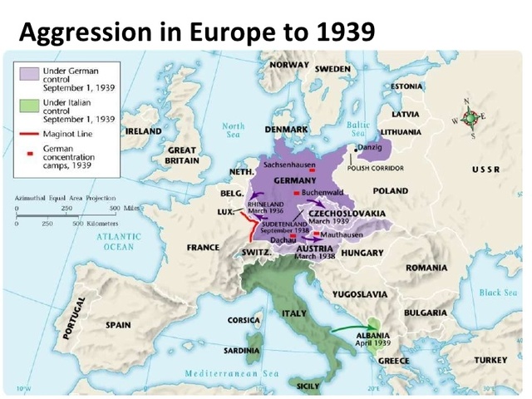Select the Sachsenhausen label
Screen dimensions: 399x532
point(287,165)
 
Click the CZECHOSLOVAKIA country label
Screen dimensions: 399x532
point(347,214)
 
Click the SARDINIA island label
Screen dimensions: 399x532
point(241,351)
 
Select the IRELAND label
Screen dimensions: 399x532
point(143,131)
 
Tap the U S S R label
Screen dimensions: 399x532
point(485,169)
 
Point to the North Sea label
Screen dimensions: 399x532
point(234,131)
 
